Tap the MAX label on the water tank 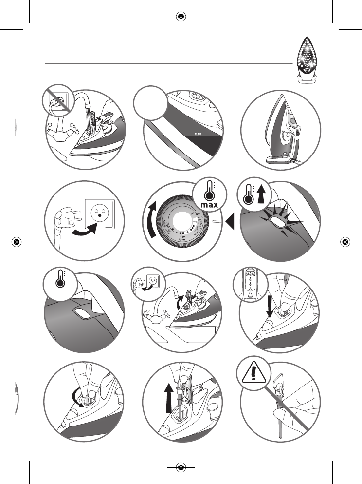198,132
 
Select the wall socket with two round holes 101,213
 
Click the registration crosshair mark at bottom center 181,467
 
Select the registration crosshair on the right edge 345,241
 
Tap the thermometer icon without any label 61,284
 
